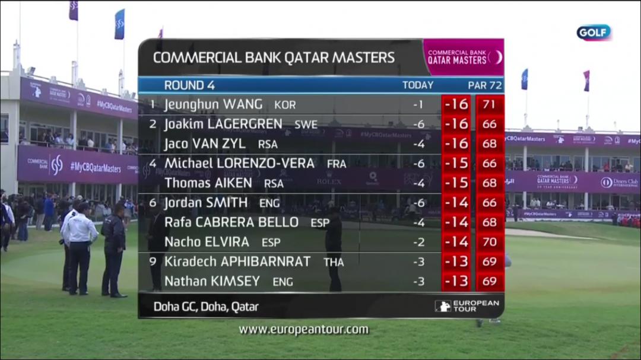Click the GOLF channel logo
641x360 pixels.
(x=594, y=33)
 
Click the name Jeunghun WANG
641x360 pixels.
(x=213, y=104)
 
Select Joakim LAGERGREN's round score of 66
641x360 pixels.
(x=490, y=124)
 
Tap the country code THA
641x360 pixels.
(x=334, y=262)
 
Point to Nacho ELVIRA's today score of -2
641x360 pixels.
(x=419, y=242)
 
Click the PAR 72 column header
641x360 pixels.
(x=484, y=85)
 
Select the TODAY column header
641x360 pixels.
(x=418, y=85)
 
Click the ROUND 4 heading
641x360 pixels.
(x=189, y=85)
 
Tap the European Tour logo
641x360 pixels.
(x=468, y=306)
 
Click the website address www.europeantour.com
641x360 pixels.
(x=303, y=330)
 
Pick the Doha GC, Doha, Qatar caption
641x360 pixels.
(x=206, y=307)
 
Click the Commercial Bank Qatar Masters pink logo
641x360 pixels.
(x=464, y=57)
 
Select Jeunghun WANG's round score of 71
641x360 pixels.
(x=490, y=104)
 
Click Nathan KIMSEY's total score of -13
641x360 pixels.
(x=456, y=282)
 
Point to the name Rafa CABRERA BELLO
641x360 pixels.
(x=231, y=222)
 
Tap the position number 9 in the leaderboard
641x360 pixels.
(x=153, y=262)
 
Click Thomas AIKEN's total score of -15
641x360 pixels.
(x=456, y=183)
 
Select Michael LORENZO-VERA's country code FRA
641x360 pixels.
(x=337, y=164)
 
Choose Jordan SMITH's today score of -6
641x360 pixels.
(x=419, y=203)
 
